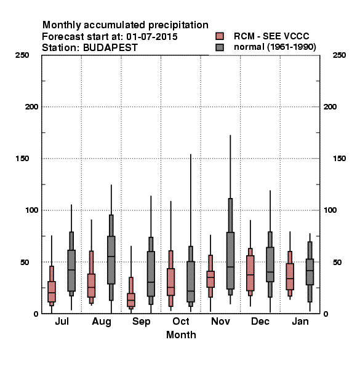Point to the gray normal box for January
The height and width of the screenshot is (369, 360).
point(310,272)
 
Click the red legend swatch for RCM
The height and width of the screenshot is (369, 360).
point(220,36)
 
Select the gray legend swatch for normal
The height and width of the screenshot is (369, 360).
point(220,47)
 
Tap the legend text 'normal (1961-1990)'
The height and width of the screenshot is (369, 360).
point(275,47)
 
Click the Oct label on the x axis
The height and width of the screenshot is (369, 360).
point(181,322)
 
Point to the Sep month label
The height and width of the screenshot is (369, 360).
point(142,322)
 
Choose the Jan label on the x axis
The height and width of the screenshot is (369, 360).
point(300,322)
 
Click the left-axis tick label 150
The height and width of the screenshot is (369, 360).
point(22,159)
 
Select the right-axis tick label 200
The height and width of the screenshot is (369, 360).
point(330,107)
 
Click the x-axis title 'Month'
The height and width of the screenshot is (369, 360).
point(181,335)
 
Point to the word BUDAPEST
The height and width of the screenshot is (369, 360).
point(110,48)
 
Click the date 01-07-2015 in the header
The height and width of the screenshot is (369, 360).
point(152,37)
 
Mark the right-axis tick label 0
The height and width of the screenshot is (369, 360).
point(326,314)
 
